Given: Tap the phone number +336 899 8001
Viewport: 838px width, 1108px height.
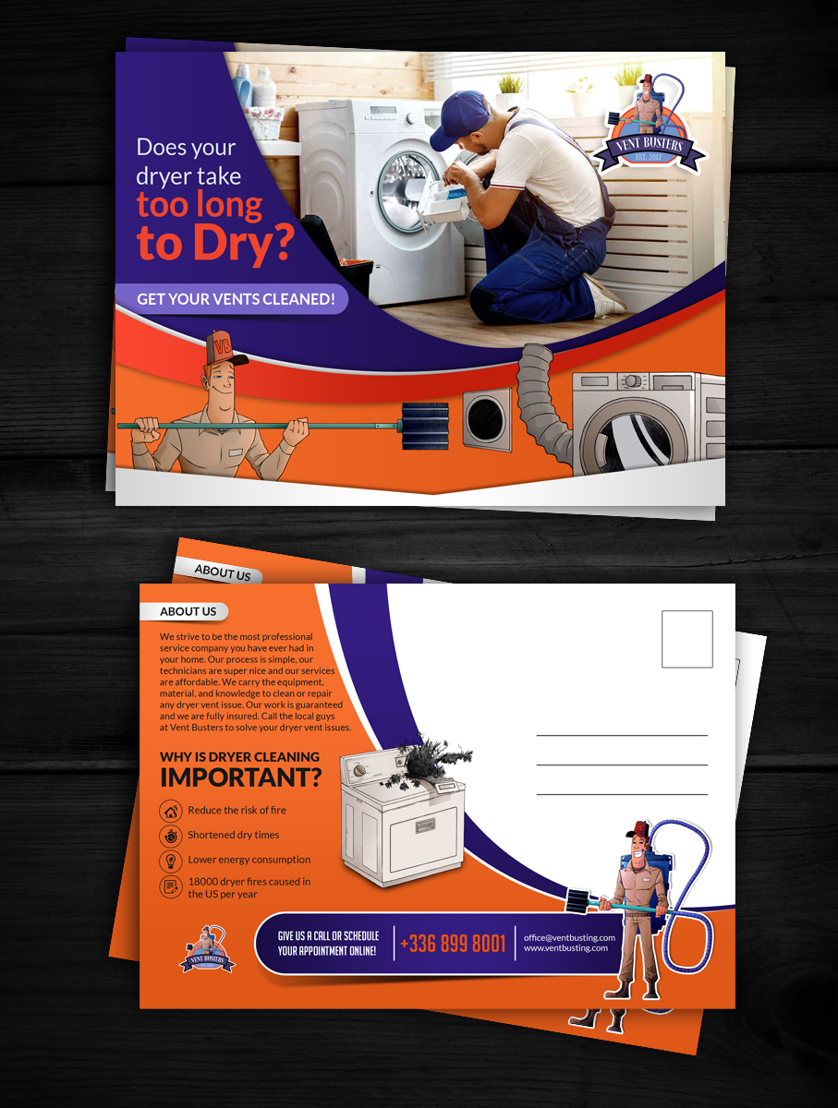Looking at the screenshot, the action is [453, 943].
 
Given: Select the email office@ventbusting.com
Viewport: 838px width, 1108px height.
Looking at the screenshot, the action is [569, 937].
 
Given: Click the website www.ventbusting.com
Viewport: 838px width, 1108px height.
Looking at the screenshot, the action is [565, 948].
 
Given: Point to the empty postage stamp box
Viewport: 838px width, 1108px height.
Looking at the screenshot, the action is [687, 639].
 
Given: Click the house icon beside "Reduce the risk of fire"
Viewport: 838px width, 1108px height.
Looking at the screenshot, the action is [171, 812].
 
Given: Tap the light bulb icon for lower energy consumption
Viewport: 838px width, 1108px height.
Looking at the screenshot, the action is [171, 861].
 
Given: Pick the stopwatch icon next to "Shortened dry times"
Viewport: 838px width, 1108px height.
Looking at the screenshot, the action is [171, 836].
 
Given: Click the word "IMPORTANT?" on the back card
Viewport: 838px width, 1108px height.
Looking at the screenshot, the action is [240, 777].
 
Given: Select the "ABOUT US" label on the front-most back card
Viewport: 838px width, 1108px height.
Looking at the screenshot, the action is [188, 611].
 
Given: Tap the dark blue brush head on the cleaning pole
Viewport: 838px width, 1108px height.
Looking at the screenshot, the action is [425, 426].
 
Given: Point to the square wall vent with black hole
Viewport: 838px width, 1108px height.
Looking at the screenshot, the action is [487, 420].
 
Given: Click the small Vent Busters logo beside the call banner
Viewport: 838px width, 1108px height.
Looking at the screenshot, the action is [207, 949].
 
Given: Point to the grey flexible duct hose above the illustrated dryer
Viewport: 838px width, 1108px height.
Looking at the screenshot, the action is [541, 399].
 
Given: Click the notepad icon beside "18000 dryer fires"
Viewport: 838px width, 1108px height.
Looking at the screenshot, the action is [171, 887].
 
